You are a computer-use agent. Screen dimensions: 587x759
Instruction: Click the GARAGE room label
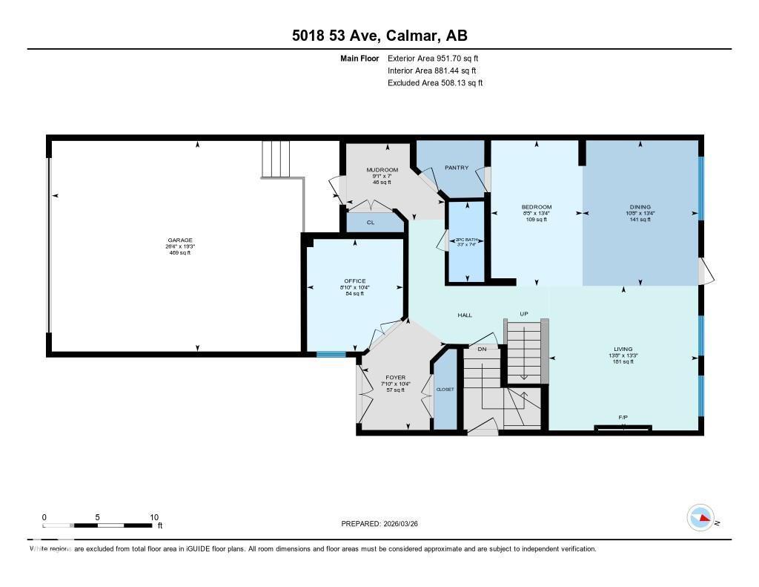click(x=179, y=240)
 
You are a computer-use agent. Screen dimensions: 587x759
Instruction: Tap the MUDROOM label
click(x=382, y=170)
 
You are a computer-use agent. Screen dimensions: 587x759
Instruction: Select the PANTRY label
click(x=457, y=168)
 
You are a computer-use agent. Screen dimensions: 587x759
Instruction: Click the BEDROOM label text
click(x=536, y=207)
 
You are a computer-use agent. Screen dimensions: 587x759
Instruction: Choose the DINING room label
click(x=640, y=207)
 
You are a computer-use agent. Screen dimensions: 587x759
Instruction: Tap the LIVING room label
click(x=623, y=349)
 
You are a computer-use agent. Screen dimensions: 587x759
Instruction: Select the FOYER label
click(x=396, y=378)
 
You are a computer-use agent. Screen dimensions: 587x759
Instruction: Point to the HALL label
click(x=465, y=315)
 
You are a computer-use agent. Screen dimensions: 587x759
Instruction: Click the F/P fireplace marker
click(x=623, y=419)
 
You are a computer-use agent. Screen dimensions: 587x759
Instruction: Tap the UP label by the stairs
click(x=523, y=314)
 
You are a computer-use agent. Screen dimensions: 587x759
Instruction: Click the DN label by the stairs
click(x=482, y=349)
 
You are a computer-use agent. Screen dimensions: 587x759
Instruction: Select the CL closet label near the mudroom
click(x=371, y=222)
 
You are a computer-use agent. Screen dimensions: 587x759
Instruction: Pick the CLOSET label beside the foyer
click(x=445, y=390)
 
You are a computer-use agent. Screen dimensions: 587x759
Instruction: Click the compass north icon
click(x=700, y=518)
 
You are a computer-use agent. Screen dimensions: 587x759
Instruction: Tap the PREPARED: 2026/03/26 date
click(x=384, y=524)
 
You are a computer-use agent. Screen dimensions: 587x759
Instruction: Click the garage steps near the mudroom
click(x=276, y=159)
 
